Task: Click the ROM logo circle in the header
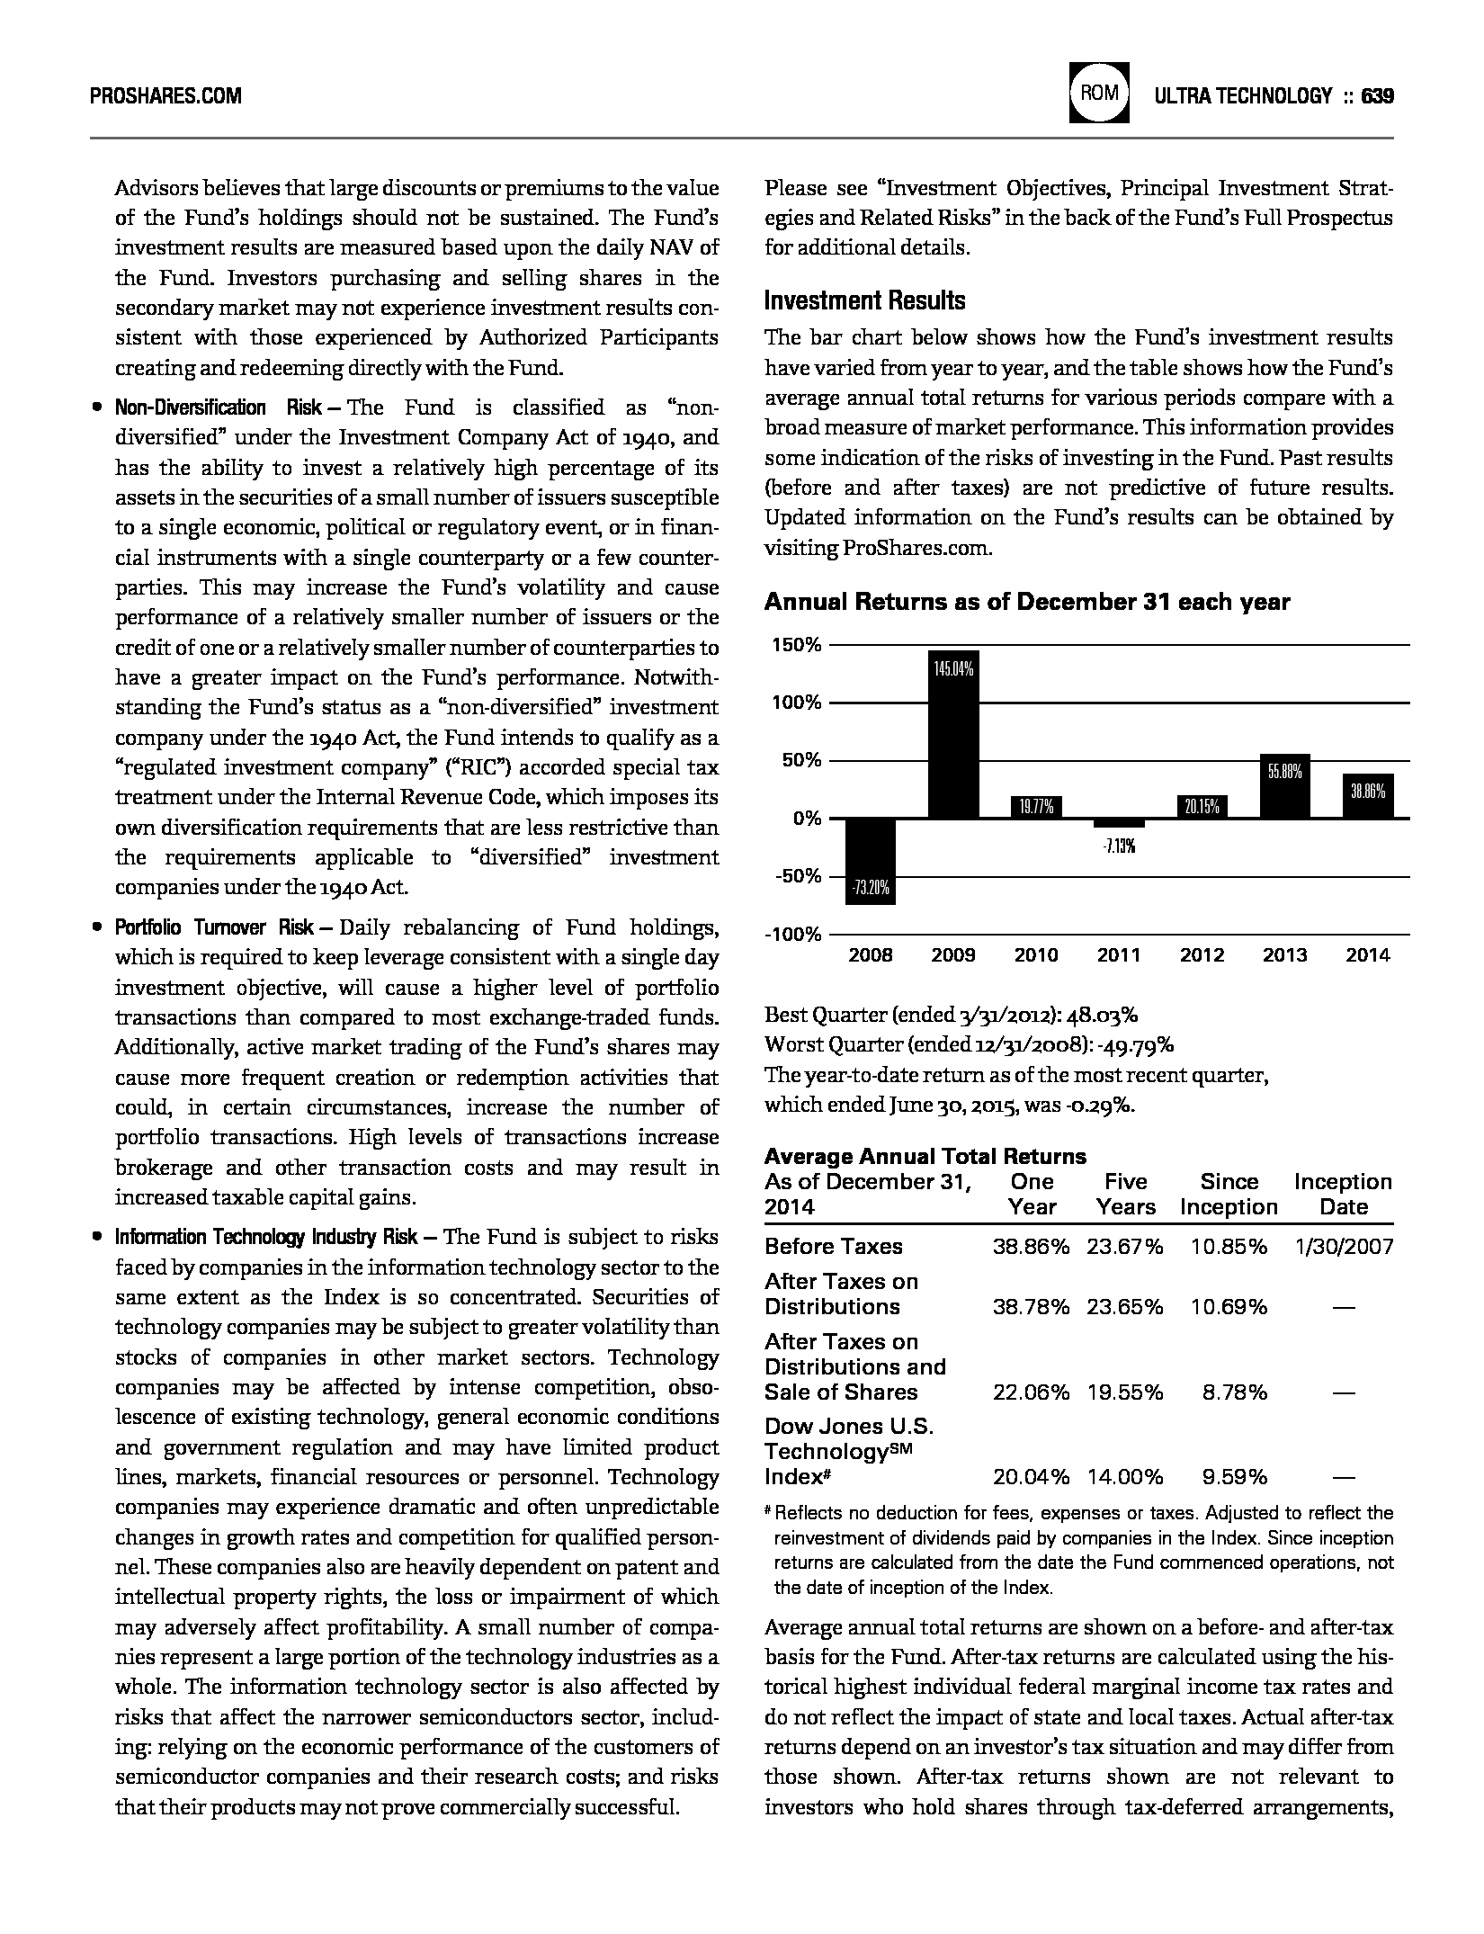point(1099,94)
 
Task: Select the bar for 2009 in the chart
point(953,733)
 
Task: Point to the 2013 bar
point(1284,786)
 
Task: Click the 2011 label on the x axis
point(1119,955)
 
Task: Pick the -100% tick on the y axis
point(792,935)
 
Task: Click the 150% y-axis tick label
point(795,645)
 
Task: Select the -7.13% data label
point(1119,846)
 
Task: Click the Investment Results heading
point(864,300)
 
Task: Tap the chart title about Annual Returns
point(1026,602)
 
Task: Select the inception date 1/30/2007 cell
point(1344,1246)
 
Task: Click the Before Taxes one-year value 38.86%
point(1031,1246)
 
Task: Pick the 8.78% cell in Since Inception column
point(1234,1392)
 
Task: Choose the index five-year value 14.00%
point(1124,1477)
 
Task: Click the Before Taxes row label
point(833,1246)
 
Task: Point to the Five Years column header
point(1125,1194)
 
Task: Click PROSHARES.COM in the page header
point(165,95)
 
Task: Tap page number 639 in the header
point(1377,95)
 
